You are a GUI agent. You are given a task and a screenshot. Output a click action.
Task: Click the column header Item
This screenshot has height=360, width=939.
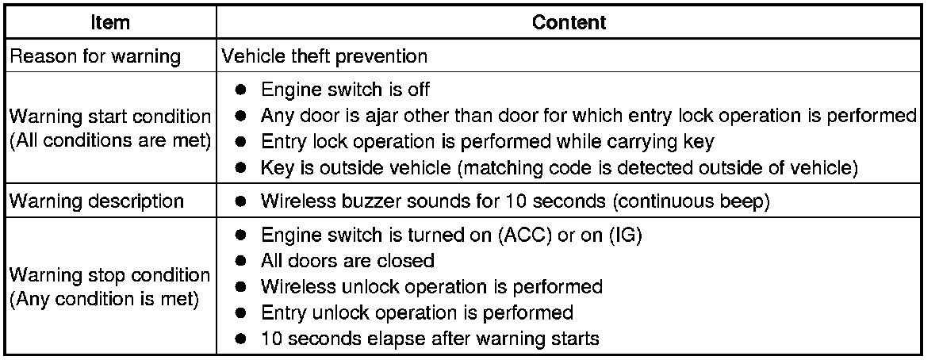click(111, 23)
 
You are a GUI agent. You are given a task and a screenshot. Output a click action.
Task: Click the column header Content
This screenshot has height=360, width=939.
click(569, 23)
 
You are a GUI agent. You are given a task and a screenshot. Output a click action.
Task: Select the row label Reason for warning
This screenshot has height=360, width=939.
click(95, 57)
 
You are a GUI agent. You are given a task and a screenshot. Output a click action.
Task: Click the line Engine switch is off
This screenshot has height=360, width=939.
click(345, 90)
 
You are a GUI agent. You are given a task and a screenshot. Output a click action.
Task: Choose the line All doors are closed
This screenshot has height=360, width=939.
click(347, 261)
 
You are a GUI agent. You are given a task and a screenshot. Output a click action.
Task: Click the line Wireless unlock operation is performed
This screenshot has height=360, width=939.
click(431, 286)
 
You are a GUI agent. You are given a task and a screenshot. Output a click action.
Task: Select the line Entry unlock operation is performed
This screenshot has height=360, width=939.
click(416, 312)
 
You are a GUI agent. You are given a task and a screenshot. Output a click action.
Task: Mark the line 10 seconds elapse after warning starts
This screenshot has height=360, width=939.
click(429, 338)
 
